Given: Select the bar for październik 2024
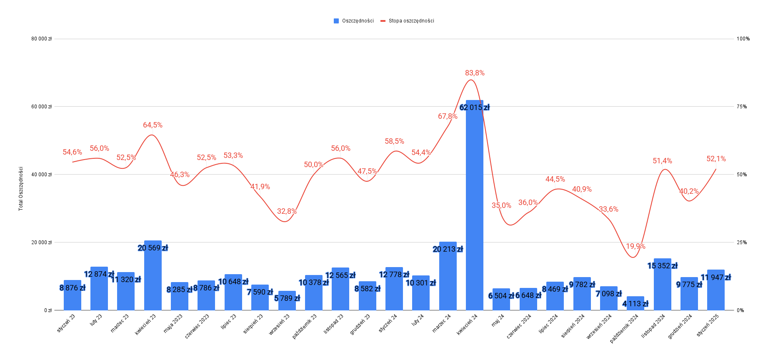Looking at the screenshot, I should click(x=635, y=303).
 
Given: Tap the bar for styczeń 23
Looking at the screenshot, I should click(x=73, y=295).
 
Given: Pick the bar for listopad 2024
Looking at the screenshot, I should click(x=663, y=285).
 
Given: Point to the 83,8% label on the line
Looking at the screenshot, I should click(x=475, y=73).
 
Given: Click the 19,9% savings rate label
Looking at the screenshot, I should click(x=635, y=246).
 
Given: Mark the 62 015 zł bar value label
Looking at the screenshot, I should click(x=475, y=107).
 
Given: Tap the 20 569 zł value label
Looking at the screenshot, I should click(x=153, y=248).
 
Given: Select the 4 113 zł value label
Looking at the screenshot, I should click(x=635, y=304).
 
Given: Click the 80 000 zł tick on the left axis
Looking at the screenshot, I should click(x=42, y=39).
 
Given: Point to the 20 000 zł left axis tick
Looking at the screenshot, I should click(x=42, y=242).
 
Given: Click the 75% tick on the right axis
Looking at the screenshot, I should click(x=742, y=107).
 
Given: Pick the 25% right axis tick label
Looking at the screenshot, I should click(x=742, y=242).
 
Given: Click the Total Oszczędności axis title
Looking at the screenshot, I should click(x=21, y=189).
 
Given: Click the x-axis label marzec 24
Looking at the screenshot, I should click(x=442, y=323).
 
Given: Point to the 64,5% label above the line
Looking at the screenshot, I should click(x=153, y=125).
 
